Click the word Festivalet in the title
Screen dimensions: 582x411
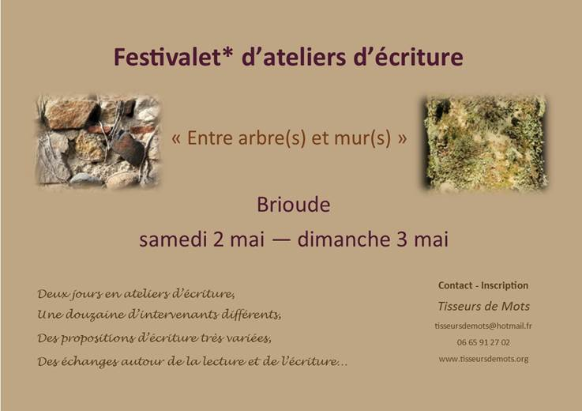click(167, 57)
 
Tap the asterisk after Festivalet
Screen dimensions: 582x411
click(228, 53)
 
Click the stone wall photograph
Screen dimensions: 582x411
click(99, 141)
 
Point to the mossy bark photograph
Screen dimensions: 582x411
click(485, 143)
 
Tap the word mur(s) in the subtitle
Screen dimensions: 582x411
click(362, 138)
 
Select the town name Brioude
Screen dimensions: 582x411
click(294, 205)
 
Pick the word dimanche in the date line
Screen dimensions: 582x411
click(344, 239)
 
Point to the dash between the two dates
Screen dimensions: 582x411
click(281, 239)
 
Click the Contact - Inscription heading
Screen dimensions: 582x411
click(483, 285)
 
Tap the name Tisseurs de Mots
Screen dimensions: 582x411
click(483, 306)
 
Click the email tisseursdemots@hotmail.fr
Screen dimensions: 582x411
click(483, 326)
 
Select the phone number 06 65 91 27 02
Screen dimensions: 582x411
click(483, 342)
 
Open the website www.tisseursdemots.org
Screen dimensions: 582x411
click(483, 359)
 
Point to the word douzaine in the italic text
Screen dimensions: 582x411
click(93, 315)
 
